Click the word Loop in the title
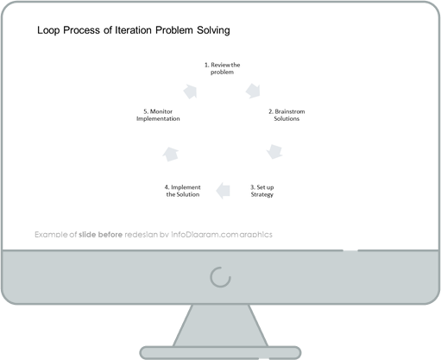point(48,30)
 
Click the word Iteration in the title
point(133,30)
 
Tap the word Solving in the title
point(213,30)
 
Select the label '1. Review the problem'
point(222,68)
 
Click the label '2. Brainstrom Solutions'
point(287,115)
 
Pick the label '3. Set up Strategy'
point(261,191)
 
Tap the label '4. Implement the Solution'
point(183,191)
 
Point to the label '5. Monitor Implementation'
point(158,115)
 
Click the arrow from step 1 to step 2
point(253,91)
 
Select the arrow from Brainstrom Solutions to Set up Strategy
point(274,152)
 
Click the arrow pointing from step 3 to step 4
point(223,191)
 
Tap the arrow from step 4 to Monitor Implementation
point(171,155)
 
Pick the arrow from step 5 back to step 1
point(191,92)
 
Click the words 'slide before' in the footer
point(101,235)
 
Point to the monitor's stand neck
point(220,325)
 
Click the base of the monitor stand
point(220,353)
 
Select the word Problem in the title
point(174,30)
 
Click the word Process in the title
point(81,30)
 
